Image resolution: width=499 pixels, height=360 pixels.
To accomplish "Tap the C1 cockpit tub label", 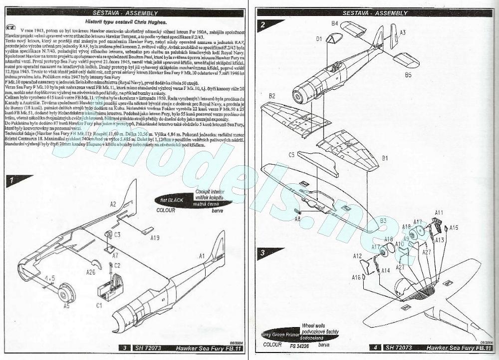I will point(99,304).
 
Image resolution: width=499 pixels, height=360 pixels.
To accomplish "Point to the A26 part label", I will point(90,272).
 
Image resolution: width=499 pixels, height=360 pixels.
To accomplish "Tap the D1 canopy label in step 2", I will point(318,38).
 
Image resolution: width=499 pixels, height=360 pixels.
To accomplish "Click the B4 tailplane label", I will point(335,23).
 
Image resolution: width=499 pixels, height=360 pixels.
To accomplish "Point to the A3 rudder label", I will point(402,32).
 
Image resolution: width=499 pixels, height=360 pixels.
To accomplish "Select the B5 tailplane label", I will point(408,75).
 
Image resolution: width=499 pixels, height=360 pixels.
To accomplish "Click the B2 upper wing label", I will point(272,95).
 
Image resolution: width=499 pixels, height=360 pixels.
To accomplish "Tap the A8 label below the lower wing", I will point(297,219).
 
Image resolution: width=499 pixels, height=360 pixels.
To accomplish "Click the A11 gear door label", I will point(439,213).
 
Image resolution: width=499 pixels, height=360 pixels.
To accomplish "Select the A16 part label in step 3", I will point(356,277).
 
